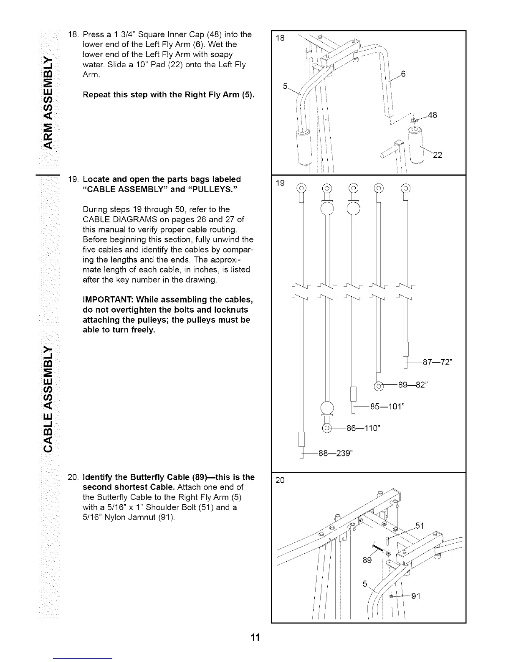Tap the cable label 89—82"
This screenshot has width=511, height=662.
[413, 386]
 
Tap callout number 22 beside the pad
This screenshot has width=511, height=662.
[437, 155]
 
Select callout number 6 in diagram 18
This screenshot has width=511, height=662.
[403, 74]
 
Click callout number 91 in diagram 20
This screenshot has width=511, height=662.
[416, 596]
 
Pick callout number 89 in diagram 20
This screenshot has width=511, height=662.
[367, 560]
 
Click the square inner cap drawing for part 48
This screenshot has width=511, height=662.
[414, 120]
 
